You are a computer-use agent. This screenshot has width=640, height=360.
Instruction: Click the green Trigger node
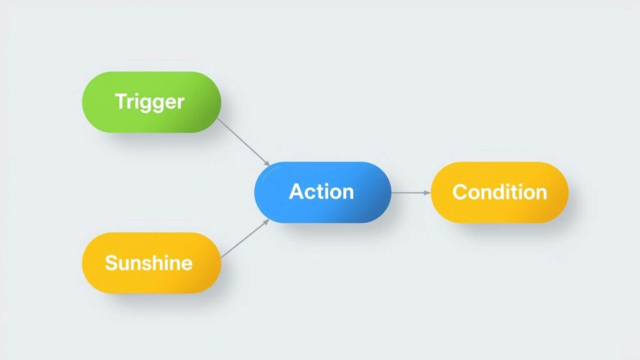pos(151,102)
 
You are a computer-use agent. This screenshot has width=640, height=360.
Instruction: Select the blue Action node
pos(322,192)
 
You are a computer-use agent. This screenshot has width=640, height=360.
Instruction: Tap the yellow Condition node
pos(499,192)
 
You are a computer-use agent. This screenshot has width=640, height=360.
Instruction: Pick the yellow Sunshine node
pos(151,263)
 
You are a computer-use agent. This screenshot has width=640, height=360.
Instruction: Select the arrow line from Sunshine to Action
pos(244,239)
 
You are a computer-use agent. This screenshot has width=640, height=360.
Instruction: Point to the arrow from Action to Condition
pos(411,192)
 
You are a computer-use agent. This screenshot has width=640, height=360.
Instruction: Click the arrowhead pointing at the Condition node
pos(427,192)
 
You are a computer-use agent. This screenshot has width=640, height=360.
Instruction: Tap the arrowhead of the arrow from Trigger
pos(267,164)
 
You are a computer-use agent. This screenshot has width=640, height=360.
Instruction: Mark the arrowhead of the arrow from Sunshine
pos(266,222)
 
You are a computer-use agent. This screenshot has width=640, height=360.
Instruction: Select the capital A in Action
pos(297,191)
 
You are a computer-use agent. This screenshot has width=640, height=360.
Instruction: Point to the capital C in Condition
pos(460,192)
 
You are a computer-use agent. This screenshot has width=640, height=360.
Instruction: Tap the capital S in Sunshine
pos(112,262)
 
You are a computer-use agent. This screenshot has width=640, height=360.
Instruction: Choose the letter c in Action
pos(311,194)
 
